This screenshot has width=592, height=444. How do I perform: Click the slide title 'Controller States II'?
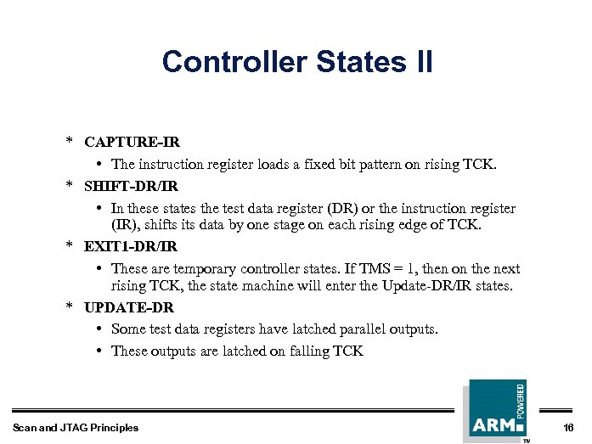pos(296,62)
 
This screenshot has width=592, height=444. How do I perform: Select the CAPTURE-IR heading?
pos(132,143)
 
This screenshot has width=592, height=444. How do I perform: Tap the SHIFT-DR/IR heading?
pos(131,184)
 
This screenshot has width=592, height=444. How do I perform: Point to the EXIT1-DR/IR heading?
pos(131,246)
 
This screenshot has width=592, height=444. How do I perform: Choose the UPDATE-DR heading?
pos(127,307)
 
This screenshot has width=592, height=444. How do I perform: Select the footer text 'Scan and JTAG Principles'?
pos(76,427)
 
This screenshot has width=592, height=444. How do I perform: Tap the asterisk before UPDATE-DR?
pos(71,306)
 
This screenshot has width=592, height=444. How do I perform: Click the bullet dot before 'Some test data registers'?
pos(100,329)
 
